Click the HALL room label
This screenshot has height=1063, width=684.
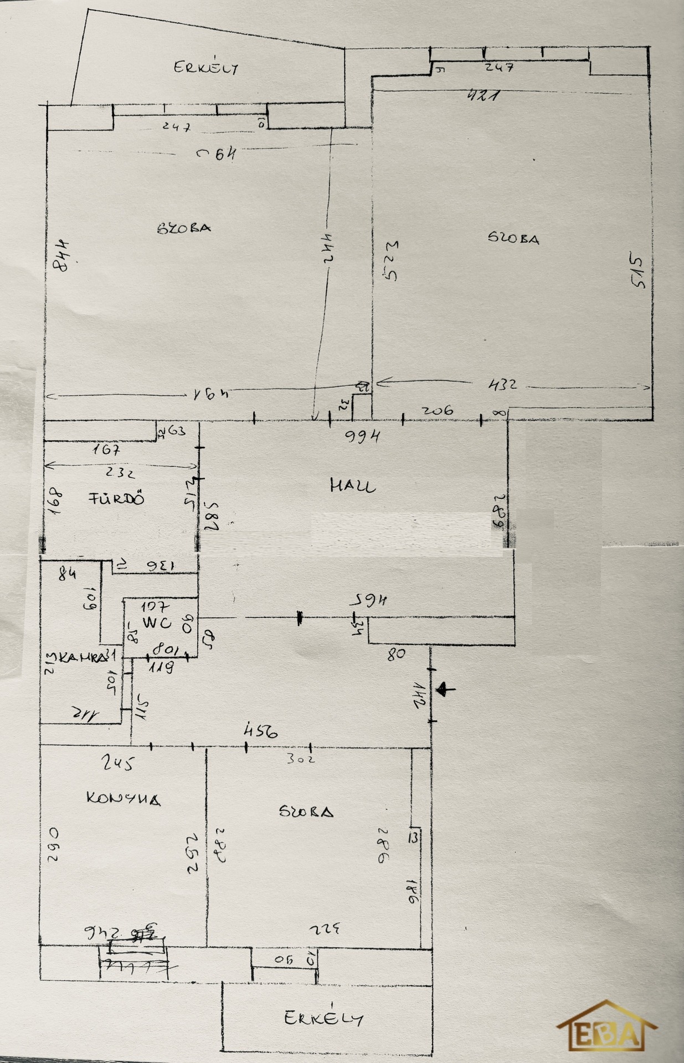click(x=352, y=487)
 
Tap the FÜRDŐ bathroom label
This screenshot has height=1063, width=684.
click(x=117, y=498)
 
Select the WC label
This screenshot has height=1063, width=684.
click(x=157, y=622)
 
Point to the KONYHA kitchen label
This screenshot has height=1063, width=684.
click(x=124, y=798)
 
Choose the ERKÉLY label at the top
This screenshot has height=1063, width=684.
click(x=206, y=68)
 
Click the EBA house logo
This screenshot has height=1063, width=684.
click(x=607, y=1027)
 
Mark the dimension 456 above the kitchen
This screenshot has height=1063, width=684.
click(x=260, y=732)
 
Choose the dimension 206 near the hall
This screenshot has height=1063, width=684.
click(x=437, y=410)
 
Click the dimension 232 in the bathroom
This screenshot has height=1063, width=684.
click(x=121, y=473)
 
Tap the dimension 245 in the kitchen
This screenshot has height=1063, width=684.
click(x=117, y=764)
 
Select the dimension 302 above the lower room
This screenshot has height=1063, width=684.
click(x=300, y=758)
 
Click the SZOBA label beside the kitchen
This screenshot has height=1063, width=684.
click(x=306, y=812)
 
